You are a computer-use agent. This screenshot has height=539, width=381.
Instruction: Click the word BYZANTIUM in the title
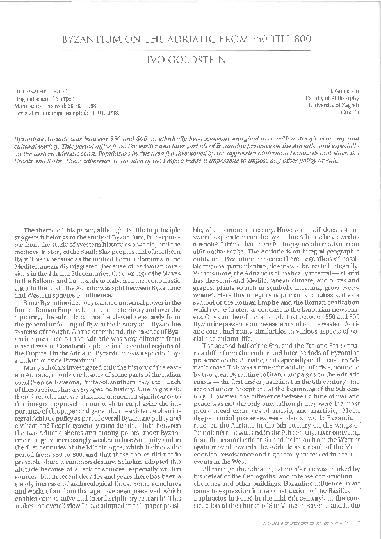[93, 40]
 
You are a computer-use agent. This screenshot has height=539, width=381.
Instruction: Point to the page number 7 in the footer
[359, 524]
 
